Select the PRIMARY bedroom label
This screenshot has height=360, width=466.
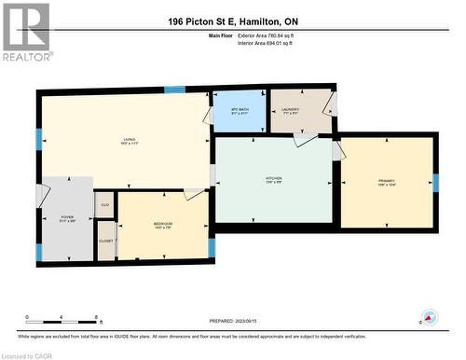tap(386, 181)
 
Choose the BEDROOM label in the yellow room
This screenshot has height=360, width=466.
tap(162, 225)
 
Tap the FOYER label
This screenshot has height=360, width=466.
tap(67, 218)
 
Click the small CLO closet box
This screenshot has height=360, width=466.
tap(105, 203)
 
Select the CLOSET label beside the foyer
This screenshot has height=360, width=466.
tap(105, 241)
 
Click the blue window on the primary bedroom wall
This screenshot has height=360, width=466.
tap(434, 183)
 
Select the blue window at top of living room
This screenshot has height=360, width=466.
tap(174, 90)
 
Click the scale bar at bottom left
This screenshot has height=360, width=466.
tap(65, 317)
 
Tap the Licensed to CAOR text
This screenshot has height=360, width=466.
tap(28, 354)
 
